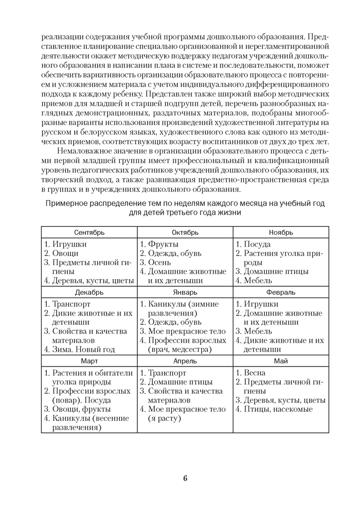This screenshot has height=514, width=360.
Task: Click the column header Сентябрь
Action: pos(89,232)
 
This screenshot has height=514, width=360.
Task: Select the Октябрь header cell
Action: pos(185,232)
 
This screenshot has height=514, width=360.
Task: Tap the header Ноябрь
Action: pos(281,232)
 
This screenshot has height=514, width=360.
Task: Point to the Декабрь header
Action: pos(89,292)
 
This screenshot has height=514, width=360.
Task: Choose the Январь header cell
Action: pos(185,292)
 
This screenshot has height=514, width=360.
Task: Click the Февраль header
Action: pos(281,292)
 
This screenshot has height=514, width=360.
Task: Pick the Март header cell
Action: pos(89,361)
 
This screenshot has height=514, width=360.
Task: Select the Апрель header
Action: pos(185,361)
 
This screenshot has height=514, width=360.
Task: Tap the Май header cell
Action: pos(281,361)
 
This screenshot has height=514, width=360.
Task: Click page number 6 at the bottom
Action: pos(185,479)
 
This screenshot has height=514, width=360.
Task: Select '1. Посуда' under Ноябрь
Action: pos(253,244)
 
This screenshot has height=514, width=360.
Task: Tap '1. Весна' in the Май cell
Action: pos(251,373)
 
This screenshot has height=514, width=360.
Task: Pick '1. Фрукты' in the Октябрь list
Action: pos(159,244)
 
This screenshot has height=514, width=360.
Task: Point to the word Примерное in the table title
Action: pos(69,203)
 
